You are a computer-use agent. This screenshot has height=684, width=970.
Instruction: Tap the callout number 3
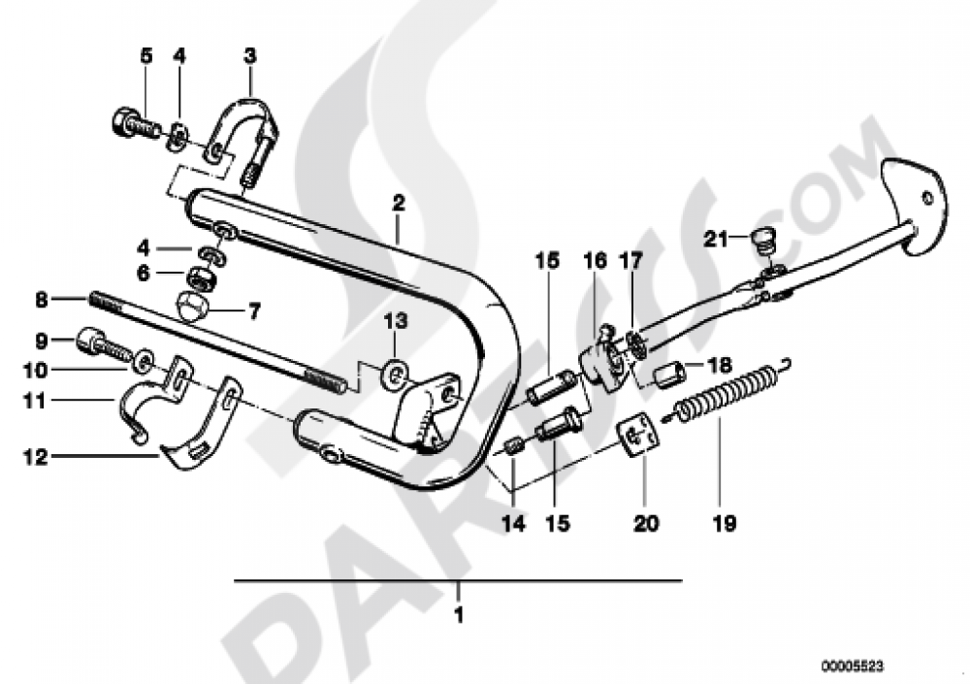pos(249,56)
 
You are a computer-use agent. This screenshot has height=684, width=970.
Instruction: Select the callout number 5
pos(146,56)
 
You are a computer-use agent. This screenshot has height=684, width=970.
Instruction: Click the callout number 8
pos(41,301)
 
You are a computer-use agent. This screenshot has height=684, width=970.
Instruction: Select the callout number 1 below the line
pos(459,615)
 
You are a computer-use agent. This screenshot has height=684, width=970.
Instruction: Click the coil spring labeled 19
pos(727,394)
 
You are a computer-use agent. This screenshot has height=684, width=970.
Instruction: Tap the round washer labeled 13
pos(395,372)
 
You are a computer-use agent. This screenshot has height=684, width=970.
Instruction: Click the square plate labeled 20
pos(635,433)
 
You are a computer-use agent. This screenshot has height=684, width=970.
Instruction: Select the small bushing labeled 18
pos(670,373)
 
